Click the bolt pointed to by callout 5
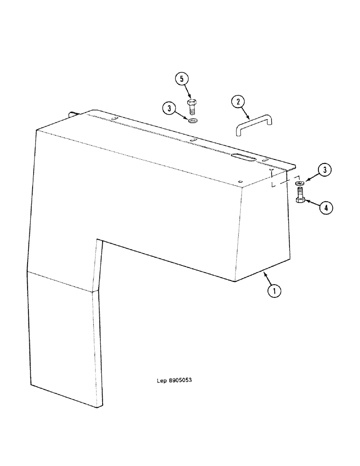(192, 108)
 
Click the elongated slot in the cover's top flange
(242, 157)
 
